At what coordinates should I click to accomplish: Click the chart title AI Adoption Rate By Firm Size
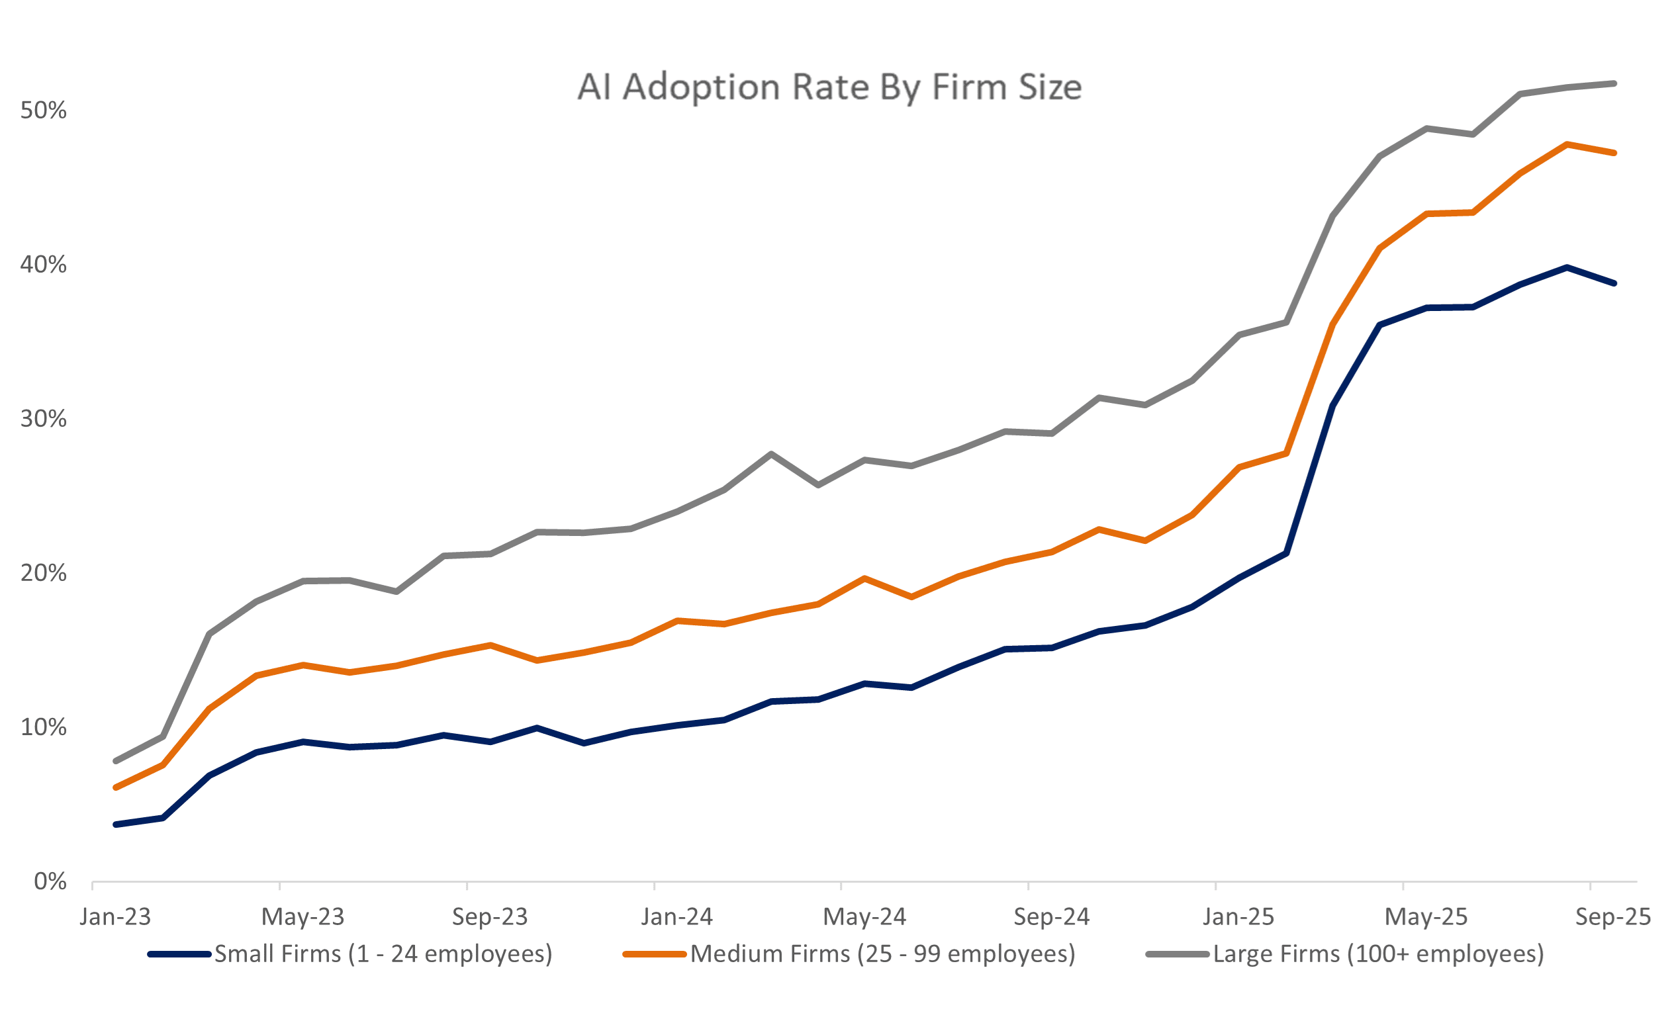(x=829, y=87)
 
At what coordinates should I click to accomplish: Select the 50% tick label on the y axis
(x=44, y=111)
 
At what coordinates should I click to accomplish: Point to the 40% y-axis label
(x=44, y=265)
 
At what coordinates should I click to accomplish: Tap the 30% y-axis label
(x=44, y=420)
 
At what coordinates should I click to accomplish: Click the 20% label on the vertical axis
(x=44, y=574)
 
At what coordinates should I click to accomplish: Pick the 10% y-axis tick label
(x=44, y=728)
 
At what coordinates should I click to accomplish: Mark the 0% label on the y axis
(x=50, y=882)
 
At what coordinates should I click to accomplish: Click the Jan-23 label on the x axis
(x=115, y=917)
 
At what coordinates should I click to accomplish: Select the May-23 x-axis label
(x=303, y=917)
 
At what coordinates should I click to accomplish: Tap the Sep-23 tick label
(x=490, y=917)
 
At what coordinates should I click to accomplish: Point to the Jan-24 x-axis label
(x=677, y=917)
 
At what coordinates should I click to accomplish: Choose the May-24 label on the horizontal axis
(x=864, y=917)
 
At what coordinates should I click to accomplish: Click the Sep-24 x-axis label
(x=1051, y=917)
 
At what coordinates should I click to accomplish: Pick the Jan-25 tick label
(x=1238, y=917)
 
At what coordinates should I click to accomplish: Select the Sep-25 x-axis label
(x=1613, y=917)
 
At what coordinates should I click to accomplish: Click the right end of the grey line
(x=1614, y=84)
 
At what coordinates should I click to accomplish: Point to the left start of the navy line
(x=116, y=824)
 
